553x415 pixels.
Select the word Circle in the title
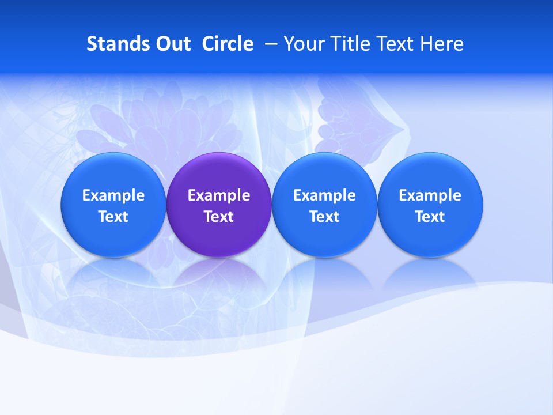pyautogui.click(x=228, y=44)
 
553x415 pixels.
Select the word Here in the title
pyautogui.click(x=442, y=44)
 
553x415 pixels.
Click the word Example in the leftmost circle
pyautogui.click(x=113, y=195)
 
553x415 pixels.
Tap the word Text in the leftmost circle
pyautogui.click(x=113, y=217)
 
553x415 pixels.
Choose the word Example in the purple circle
pyautogui.click(x=219, y=195)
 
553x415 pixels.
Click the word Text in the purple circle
pyautogui.click(x=219, y=217)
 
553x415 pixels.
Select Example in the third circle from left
pyautogui.click(x=324, y=195)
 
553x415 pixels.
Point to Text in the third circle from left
pyautogui.click(x=324, y=217)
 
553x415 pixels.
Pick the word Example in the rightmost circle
pyautogui.click(x=430, y=195)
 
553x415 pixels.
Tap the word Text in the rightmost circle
pyautogui.click(x=430, y=217)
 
